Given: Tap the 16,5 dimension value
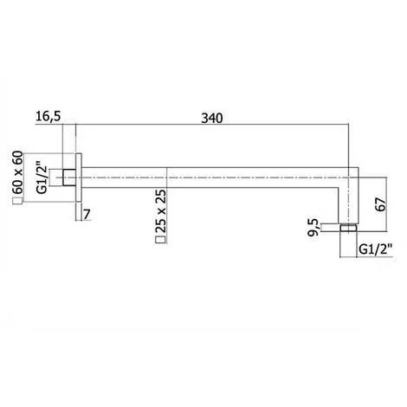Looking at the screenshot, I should point(48,118).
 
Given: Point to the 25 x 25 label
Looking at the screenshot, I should point(160,214).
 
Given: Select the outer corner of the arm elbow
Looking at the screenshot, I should point(357,164).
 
